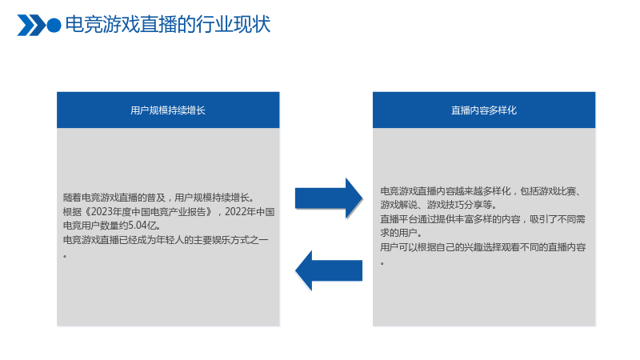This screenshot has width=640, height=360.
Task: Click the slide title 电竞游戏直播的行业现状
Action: pyautogui.click(x=168, y=25)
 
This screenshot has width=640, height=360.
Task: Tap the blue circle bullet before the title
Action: pyautogui.click(x=54, y=26)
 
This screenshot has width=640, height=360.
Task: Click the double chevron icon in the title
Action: pyautogui.click(x=31, y=26)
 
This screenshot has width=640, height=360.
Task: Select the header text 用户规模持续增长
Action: pyautogui.click(x=168, y=110)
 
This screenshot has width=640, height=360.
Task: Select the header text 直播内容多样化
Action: pyautogui.click(x=484, y=110)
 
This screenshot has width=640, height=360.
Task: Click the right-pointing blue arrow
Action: pyautogui.click(x=329, y=198)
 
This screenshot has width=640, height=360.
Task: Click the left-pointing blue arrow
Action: pyautogui.click(x=329, y=270)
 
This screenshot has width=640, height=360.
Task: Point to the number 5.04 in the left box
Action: pyautogui.click(x=138, y=226)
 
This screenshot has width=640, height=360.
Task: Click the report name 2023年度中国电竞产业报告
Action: pyautogui.click(x=151, y=212)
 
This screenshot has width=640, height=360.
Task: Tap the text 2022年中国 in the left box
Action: pyautogui.click(x=250, y=212)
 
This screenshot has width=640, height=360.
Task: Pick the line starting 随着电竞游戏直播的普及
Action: pyautogui.click(x=159, y=198)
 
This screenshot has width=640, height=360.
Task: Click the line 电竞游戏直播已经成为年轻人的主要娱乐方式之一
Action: pyautogui.click(x=166, y=240)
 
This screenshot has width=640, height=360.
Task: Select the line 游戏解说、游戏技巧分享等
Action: pyautogui.click(x=438, y=205)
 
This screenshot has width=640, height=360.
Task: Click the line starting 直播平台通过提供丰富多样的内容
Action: pyautogui.click(x=483, y=219)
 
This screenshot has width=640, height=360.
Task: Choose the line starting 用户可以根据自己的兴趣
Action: pyautogui.click(x=483, y=247)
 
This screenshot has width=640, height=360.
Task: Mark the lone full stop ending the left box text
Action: pyautogui.click(x=65, y=256)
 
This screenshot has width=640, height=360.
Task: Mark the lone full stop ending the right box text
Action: pyautogui.click(x=382, y=264)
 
